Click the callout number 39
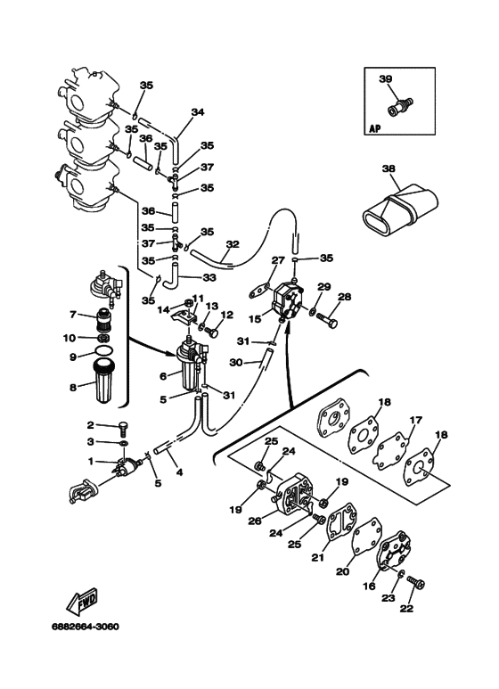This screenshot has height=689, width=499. click(385, 79)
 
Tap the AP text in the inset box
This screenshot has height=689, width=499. click(374, 128)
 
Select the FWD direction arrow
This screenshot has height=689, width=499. click(82, 600)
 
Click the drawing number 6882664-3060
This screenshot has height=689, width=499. click(86, 627)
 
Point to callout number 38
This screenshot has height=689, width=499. click(389, 168)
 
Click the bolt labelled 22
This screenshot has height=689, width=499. click(416, 583)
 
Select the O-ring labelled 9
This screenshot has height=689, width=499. click(103, 350)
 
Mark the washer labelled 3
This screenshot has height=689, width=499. click(124, 443)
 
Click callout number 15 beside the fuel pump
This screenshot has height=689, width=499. click(255, 319)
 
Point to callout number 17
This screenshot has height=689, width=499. click(415, 421)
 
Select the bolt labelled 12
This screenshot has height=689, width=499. click(211, 332)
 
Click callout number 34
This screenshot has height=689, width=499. click(198, 112)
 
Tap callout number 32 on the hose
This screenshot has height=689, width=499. click(233, 244)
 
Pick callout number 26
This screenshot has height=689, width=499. click(255, 521)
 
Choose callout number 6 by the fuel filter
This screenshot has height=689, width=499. click(163, 376)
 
